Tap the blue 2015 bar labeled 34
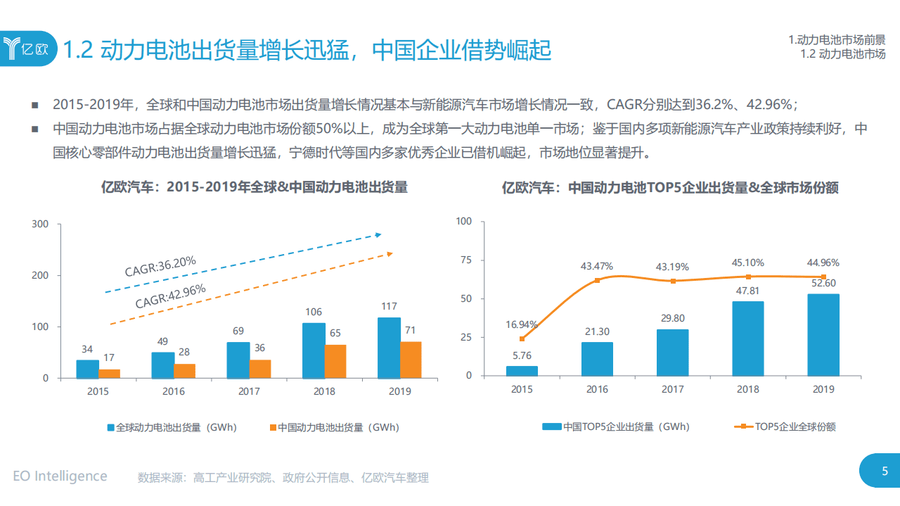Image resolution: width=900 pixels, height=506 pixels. (x=87, y=369)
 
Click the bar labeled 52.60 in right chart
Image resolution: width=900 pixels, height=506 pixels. (x=823, y=334)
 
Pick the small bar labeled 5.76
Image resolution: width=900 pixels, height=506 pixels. (x=522, y=370)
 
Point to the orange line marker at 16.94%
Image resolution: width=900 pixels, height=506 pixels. (x=522, y=339)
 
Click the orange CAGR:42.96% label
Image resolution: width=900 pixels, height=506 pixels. (x=170, y=296)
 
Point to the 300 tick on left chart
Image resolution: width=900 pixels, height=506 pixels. (x=41, y=224)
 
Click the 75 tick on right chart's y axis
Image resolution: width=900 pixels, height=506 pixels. (x=464, y=260)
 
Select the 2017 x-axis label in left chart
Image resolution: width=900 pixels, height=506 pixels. (x=249, y=391)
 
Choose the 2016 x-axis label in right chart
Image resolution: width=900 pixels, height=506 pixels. (x=597, y=389)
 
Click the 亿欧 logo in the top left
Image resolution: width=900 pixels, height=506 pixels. (x=28, y=49)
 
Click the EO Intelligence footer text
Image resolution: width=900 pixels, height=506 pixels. (x=60, y=476)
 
